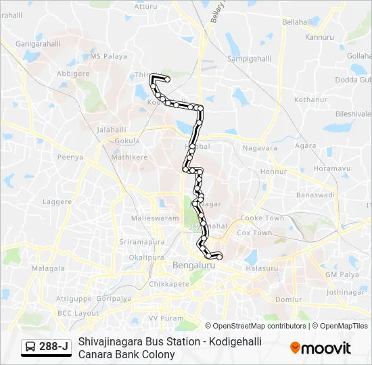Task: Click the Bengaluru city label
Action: click(x=193, y=266)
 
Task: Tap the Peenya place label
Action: click(x=70, y=157)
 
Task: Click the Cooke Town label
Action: click(x=262, y=218)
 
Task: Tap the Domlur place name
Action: click(x=288, y=299)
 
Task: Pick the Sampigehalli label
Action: click(x=250, y=59)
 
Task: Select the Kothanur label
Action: click(x=310, y=99)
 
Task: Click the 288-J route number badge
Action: click(x=53, y=347)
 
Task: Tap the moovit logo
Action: click(x=321, y=348)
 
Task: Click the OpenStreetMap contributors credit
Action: click(x=260, y=326)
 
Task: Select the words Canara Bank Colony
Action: click(x=126, y=354)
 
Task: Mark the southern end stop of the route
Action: click(x=219, y=255)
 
